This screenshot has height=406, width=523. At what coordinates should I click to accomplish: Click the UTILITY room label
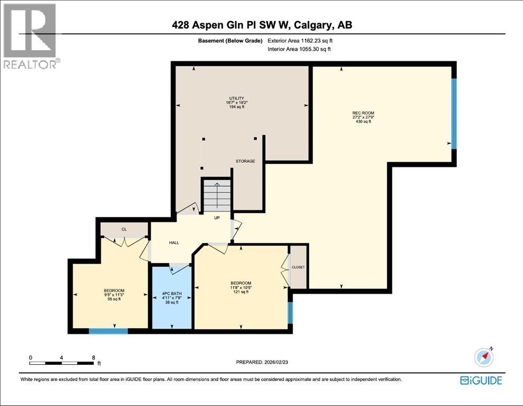237,98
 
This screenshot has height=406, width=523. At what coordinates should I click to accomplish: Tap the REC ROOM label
363,113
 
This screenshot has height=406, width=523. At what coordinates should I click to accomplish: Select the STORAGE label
245,161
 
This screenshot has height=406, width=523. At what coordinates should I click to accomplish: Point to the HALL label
174,243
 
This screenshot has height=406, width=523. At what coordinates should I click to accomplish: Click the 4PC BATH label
172,294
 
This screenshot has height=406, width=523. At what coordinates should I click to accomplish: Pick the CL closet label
124,229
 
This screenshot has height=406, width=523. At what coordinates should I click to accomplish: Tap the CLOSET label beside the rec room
298,267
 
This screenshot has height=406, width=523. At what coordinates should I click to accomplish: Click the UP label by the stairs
217,218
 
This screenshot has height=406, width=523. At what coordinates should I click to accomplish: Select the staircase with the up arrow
217,195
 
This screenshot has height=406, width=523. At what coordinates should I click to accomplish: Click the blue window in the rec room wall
454,114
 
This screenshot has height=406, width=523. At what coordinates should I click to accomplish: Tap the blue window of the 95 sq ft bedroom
108,331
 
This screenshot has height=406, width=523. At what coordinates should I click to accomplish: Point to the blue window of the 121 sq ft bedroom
290,313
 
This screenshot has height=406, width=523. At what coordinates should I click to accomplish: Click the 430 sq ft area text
363,122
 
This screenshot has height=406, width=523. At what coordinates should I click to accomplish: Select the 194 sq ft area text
237,107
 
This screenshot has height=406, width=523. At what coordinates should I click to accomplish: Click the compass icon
484,357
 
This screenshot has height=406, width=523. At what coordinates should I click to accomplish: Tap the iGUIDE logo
481,381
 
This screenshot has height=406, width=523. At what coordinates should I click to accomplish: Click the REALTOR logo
30,36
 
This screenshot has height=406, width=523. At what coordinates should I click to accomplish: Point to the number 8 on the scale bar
94,357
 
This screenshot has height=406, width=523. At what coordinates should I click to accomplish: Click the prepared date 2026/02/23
276,362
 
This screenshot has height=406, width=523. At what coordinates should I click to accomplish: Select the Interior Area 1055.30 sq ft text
299,49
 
